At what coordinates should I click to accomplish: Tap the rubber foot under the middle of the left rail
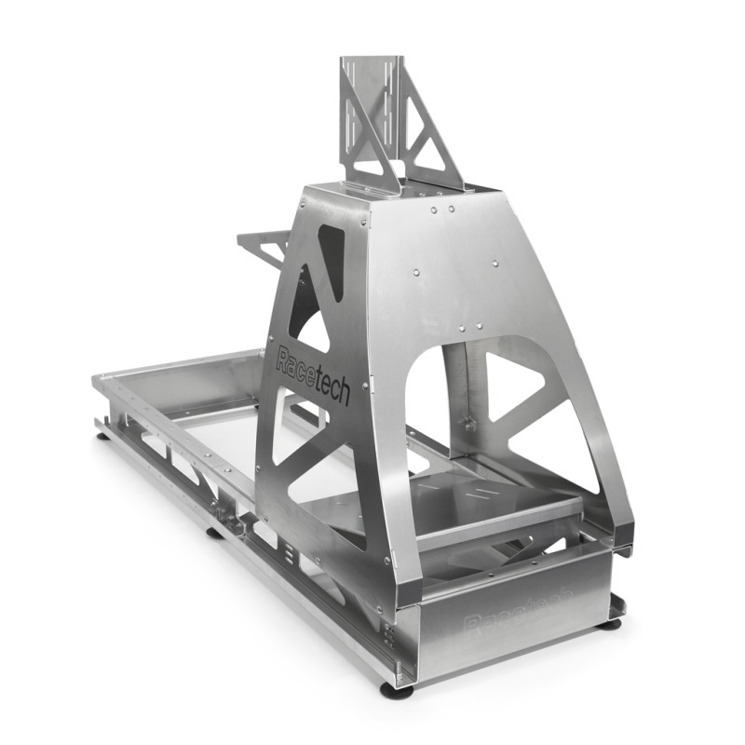pyautogui.click(x=214, y=532)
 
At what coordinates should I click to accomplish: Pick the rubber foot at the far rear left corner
pyautogui.click(x=100, y=434)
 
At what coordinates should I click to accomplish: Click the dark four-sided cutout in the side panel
pyautogui.click(x=331, y=256)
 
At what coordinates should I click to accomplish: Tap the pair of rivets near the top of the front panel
pyautogui.click(x=442, y=210)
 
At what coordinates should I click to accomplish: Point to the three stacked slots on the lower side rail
pyautogui.click(x=290, y=556)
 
